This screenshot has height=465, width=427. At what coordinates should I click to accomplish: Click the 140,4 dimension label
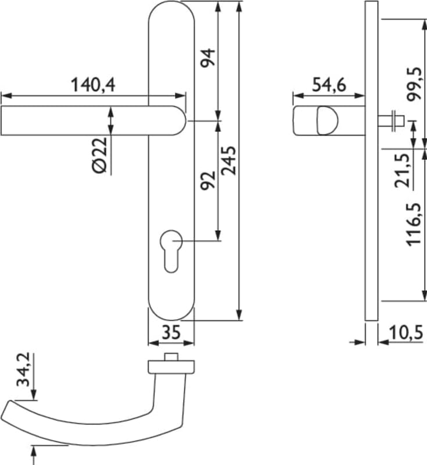click(93, 85)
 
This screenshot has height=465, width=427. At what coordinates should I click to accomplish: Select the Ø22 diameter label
click(99, 155)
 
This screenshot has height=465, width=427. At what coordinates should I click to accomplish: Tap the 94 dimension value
click(207, 58)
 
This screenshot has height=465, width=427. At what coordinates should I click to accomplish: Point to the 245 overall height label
click(229, 160)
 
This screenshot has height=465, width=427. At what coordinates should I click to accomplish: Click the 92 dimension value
click(208, 180)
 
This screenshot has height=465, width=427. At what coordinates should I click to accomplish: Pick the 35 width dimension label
click(171, 332)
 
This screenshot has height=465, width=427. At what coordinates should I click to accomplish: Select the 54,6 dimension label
click(329, 85)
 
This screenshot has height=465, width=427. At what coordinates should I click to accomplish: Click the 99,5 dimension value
click(414, 84)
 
